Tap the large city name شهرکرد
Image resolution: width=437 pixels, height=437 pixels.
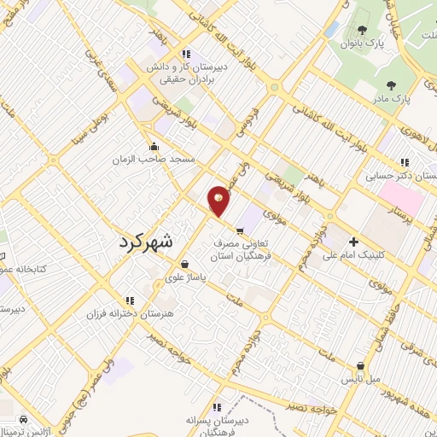tap(143, 242)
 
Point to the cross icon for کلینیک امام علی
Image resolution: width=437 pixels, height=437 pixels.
tap(353, 242)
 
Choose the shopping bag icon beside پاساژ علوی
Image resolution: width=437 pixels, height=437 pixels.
tap(185, 265)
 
